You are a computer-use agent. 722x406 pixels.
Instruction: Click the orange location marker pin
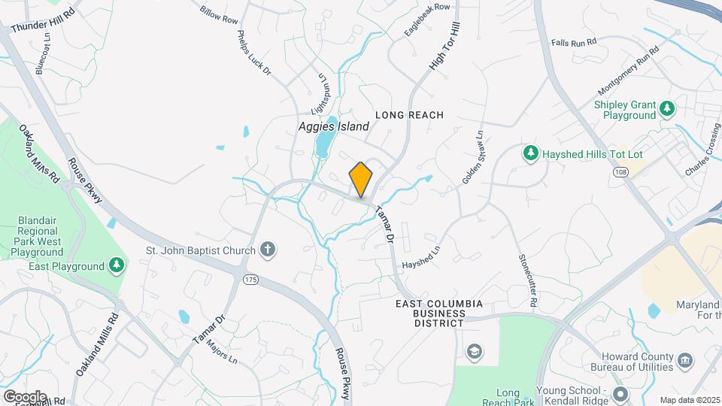[361, 179]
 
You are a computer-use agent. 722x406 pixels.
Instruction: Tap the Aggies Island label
[333, 126]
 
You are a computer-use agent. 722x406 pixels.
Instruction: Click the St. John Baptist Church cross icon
[267, 250]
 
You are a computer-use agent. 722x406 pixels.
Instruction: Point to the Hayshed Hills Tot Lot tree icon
[531, 153]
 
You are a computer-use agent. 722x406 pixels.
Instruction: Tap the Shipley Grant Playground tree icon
[667, 110]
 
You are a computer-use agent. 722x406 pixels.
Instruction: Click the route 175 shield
[251, 279]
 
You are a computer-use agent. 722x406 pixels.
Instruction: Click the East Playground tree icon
[116, 265]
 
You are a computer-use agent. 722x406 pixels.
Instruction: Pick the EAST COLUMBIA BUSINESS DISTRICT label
[440, 313]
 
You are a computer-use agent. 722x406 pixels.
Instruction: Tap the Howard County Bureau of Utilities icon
[684, 361]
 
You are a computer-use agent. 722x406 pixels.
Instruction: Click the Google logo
[24, 396]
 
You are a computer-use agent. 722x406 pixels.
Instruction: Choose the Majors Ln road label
[222, 353]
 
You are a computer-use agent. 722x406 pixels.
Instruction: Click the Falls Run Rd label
[573, 43]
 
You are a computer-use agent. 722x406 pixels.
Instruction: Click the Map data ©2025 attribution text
[689, 400]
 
